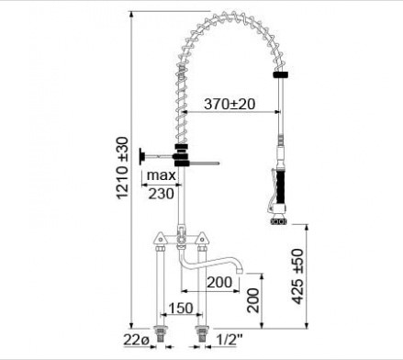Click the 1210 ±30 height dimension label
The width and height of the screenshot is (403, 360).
[x=123, y=168]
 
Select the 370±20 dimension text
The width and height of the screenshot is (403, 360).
[x=229, y=104]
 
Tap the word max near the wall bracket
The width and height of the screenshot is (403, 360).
[x=162, y=175]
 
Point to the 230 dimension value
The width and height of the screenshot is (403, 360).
[x=161, y=194]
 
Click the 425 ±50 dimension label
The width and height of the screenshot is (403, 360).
[x=297, y=276]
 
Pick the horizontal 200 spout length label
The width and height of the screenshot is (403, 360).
[x=219, y=282]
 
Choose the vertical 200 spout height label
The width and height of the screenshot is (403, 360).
[x=253, y=300]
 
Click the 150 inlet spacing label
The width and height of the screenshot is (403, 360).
[x=181, y=308]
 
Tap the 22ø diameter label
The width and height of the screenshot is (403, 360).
[x=136, y=340]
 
